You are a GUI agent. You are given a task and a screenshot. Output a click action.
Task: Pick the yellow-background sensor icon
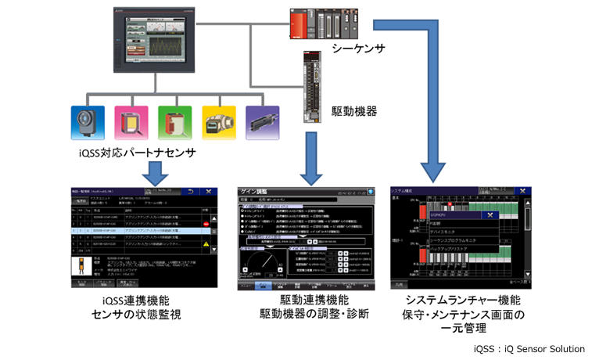(217, 121)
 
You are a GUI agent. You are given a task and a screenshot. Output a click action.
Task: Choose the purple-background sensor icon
(260, 121)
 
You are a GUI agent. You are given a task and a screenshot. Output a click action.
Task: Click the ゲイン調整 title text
(263, 191)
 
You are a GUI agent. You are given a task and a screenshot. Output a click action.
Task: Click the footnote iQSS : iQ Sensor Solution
(529, 348)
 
